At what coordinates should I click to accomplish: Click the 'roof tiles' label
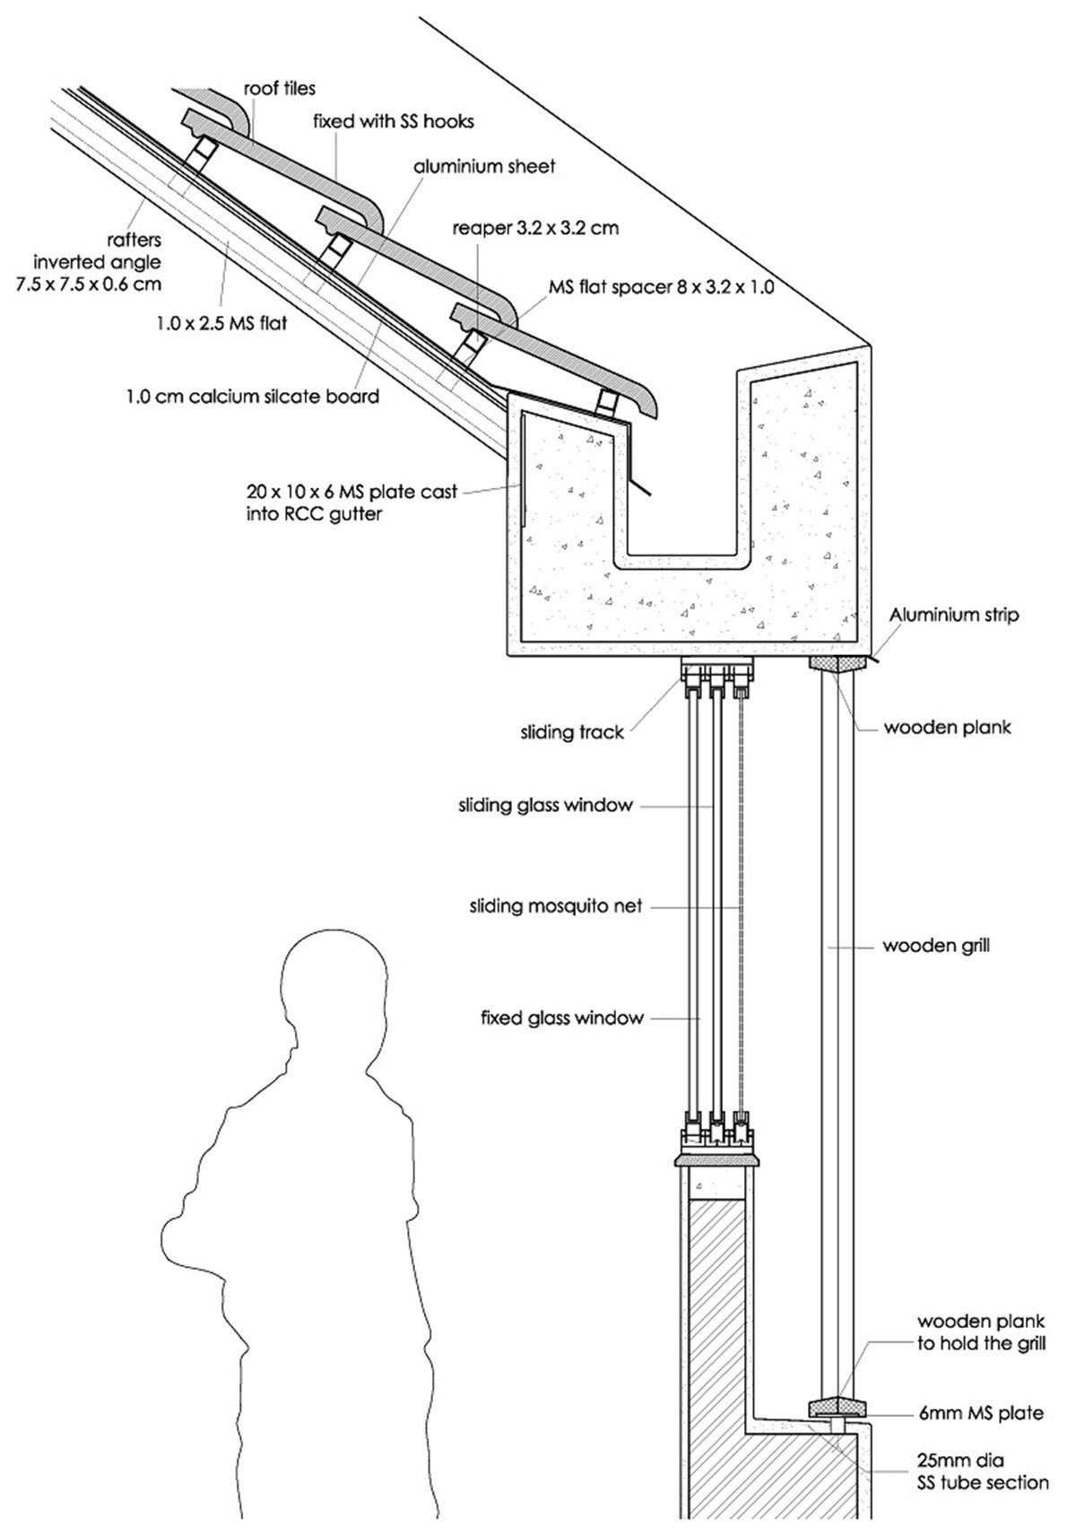(x=280, y=89)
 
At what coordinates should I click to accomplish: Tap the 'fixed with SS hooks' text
(x=393, y=119)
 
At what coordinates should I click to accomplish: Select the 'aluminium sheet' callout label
(x=484, y=166)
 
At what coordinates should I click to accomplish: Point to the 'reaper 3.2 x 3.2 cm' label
(x=535, y=228)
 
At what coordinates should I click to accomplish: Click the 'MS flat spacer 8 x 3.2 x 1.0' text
(x=661, y=288)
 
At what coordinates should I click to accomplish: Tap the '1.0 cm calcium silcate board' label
(x=253, y=396)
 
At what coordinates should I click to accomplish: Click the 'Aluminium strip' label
(x=954, y=616)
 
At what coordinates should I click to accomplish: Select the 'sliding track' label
(x=571, y=733)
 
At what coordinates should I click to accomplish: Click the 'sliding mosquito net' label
(x=556, y=906)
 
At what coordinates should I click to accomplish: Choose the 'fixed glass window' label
(x=562, y=1017)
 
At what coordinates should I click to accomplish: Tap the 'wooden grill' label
(x=936, y=945)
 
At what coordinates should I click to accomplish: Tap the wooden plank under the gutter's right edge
(x=839, y=664)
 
